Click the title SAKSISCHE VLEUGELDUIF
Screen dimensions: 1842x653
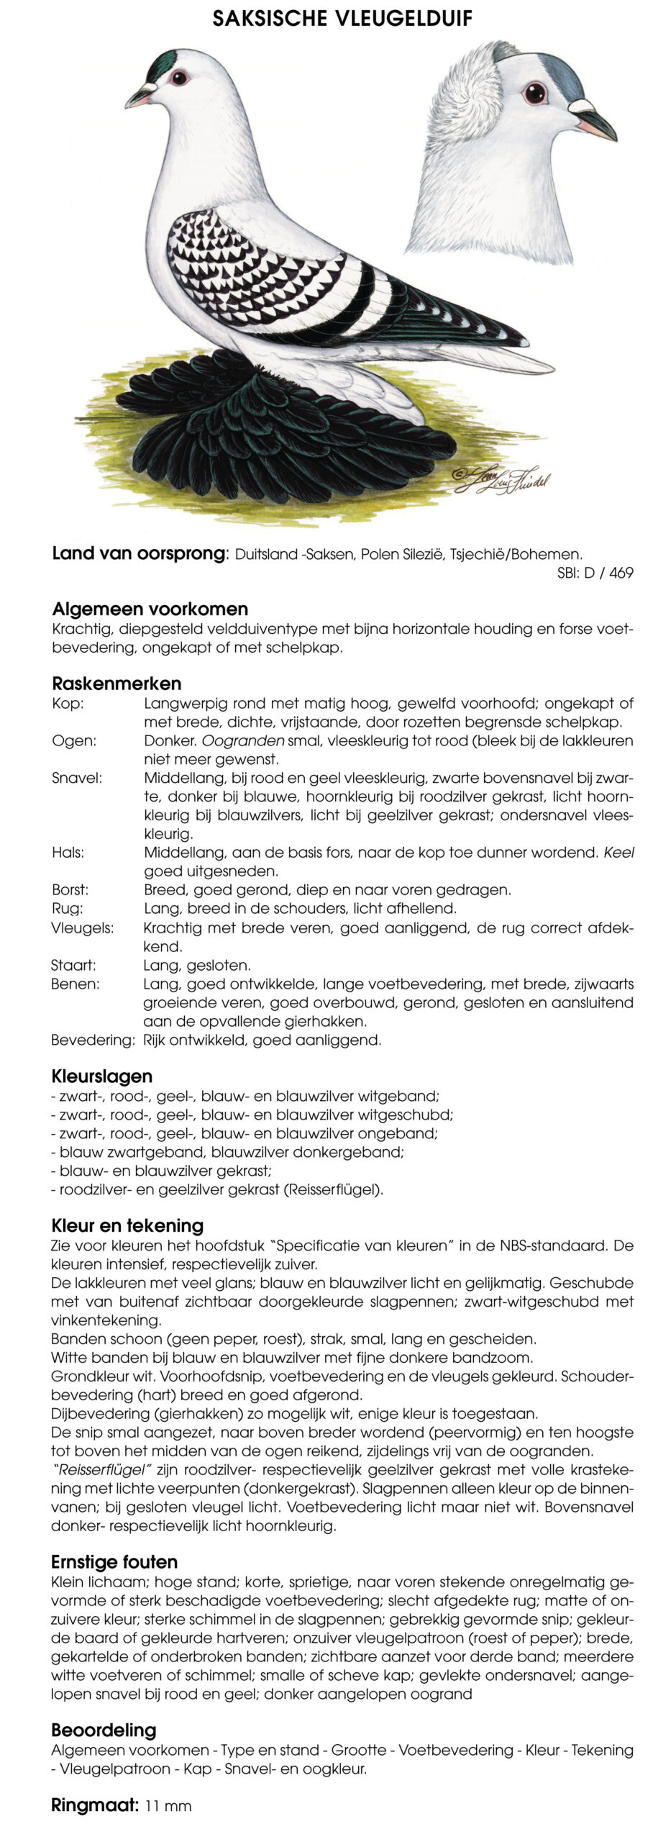click(x=342, y=18)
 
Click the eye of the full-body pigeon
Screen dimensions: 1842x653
click(x=179, y=78)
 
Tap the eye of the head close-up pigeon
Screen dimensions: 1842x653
click(x=534, y=93)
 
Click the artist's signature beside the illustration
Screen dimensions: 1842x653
click(x=501, y=478)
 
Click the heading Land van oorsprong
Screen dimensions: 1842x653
click(x=139, y=553)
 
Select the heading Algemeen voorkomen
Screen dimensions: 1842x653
click(x=150, y=609)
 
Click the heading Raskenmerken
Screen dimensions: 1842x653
click(x=117, y=683)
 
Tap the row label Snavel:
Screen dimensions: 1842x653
click(x=77, y=778)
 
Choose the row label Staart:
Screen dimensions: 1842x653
click(x=73, y=965)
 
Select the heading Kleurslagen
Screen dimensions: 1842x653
click(x=101, y=1076)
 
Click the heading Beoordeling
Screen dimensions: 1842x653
click(x=104, y=1730)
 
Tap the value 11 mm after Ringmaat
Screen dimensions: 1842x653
click(x=168, y=1805)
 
